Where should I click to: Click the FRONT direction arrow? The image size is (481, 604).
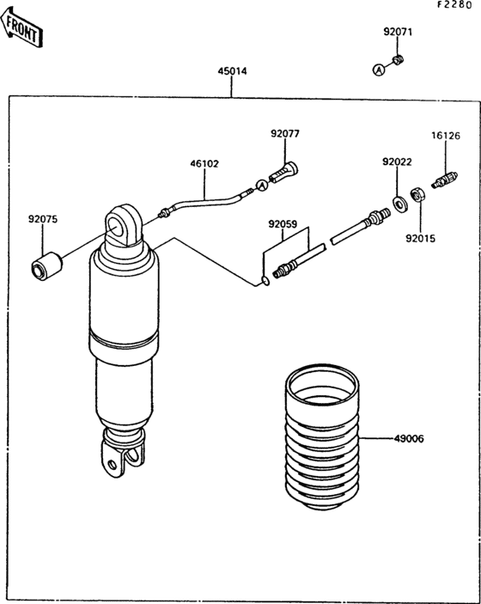click(x=21, y=27)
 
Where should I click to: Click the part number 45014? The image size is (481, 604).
click(x=232, y=71)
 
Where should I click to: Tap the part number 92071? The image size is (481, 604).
click(x=398, y=32)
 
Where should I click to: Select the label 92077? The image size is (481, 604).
click(x=285, y=134)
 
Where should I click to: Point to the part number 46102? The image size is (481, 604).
click(x=204, y=164)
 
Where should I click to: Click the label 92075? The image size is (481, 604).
click(x=43, y=219)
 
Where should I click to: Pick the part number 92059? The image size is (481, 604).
click(x=283, y=224)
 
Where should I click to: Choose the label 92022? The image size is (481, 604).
click(x=397, y=162)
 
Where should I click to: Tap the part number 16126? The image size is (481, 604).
click(x=446, y=136)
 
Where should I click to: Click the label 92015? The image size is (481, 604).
click(x=421, y=239)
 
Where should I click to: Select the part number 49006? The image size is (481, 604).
click(x=409, y=439)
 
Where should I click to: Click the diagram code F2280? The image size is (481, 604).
click(x=454, y=4)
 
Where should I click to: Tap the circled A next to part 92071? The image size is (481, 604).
click(x=379, y=70)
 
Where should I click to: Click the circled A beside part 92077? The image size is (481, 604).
click(x=262, y=185)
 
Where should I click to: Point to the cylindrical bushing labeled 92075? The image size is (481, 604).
click(x=46, y=265)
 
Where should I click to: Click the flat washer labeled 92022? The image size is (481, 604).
click(x=399, y=204)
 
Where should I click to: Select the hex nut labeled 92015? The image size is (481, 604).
click(x=417, y=194)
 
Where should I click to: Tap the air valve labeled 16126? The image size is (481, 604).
click(x=445, y=180)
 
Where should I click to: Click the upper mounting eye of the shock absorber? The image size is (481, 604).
click(x=123, y=225)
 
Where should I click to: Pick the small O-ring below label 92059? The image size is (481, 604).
click(x=265, y=281)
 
